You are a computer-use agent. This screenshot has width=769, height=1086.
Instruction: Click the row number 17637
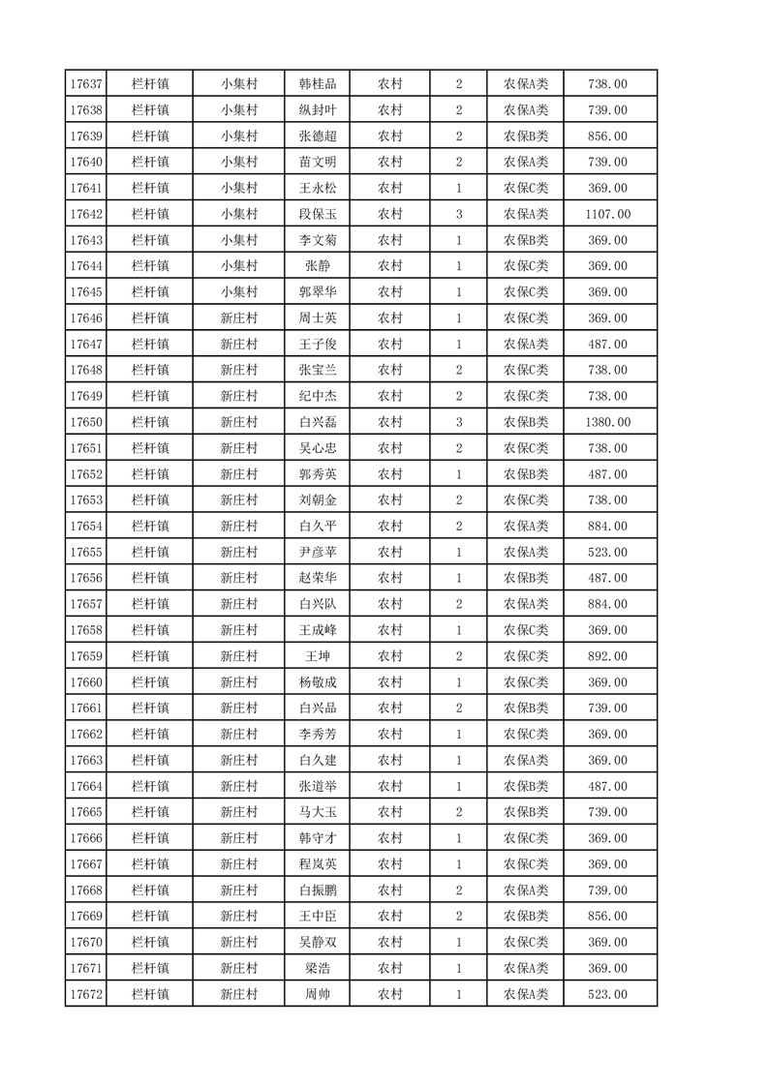pyautogui.click(x=85, y=84)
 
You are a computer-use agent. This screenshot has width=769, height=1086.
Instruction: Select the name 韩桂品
pyautogui.click(x=317, y=84)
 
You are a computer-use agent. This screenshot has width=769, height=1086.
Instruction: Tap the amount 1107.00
pyautogui.click(x=607, y=214)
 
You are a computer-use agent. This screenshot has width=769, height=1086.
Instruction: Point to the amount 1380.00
pyautogui.click(x=607, y=422)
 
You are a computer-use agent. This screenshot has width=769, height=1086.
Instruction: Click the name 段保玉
pyautogui.click(x=317, y=214)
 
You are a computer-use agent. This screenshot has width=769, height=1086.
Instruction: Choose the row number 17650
pyautogui.click(x=85, y=422)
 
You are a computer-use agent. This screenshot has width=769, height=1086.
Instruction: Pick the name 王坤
pyautogui.click(x=317, y=656)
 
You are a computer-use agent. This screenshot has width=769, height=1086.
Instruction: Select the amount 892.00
pyautogui.click(x=607, y=656)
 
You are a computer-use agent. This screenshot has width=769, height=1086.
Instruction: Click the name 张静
pyautogui.click(x=317, y=266)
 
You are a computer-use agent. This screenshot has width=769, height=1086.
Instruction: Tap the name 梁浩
pyautogui.click(x=317, y=968)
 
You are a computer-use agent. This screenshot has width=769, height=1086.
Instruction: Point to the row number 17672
pyautogui.click(x=85, y=994)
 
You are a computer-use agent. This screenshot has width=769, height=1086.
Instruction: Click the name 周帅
pyautogui.click(x=317, y=994)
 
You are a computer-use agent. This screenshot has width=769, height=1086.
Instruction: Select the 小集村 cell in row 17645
pyautogui.click(x=238, y=292)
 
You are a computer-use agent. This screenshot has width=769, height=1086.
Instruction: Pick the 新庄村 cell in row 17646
pyautogui.click(x=238, y=318)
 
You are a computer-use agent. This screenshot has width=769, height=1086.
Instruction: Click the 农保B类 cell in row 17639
pyautogui.click(x=525, y=136)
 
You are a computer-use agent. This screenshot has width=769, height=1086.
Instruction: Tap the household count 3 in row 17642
pyautogui.click(x=458, y=214)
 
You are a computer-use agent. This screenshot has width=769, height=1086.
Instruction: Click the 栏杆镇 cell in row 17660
pyautogui.click(x=150, y=682)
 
